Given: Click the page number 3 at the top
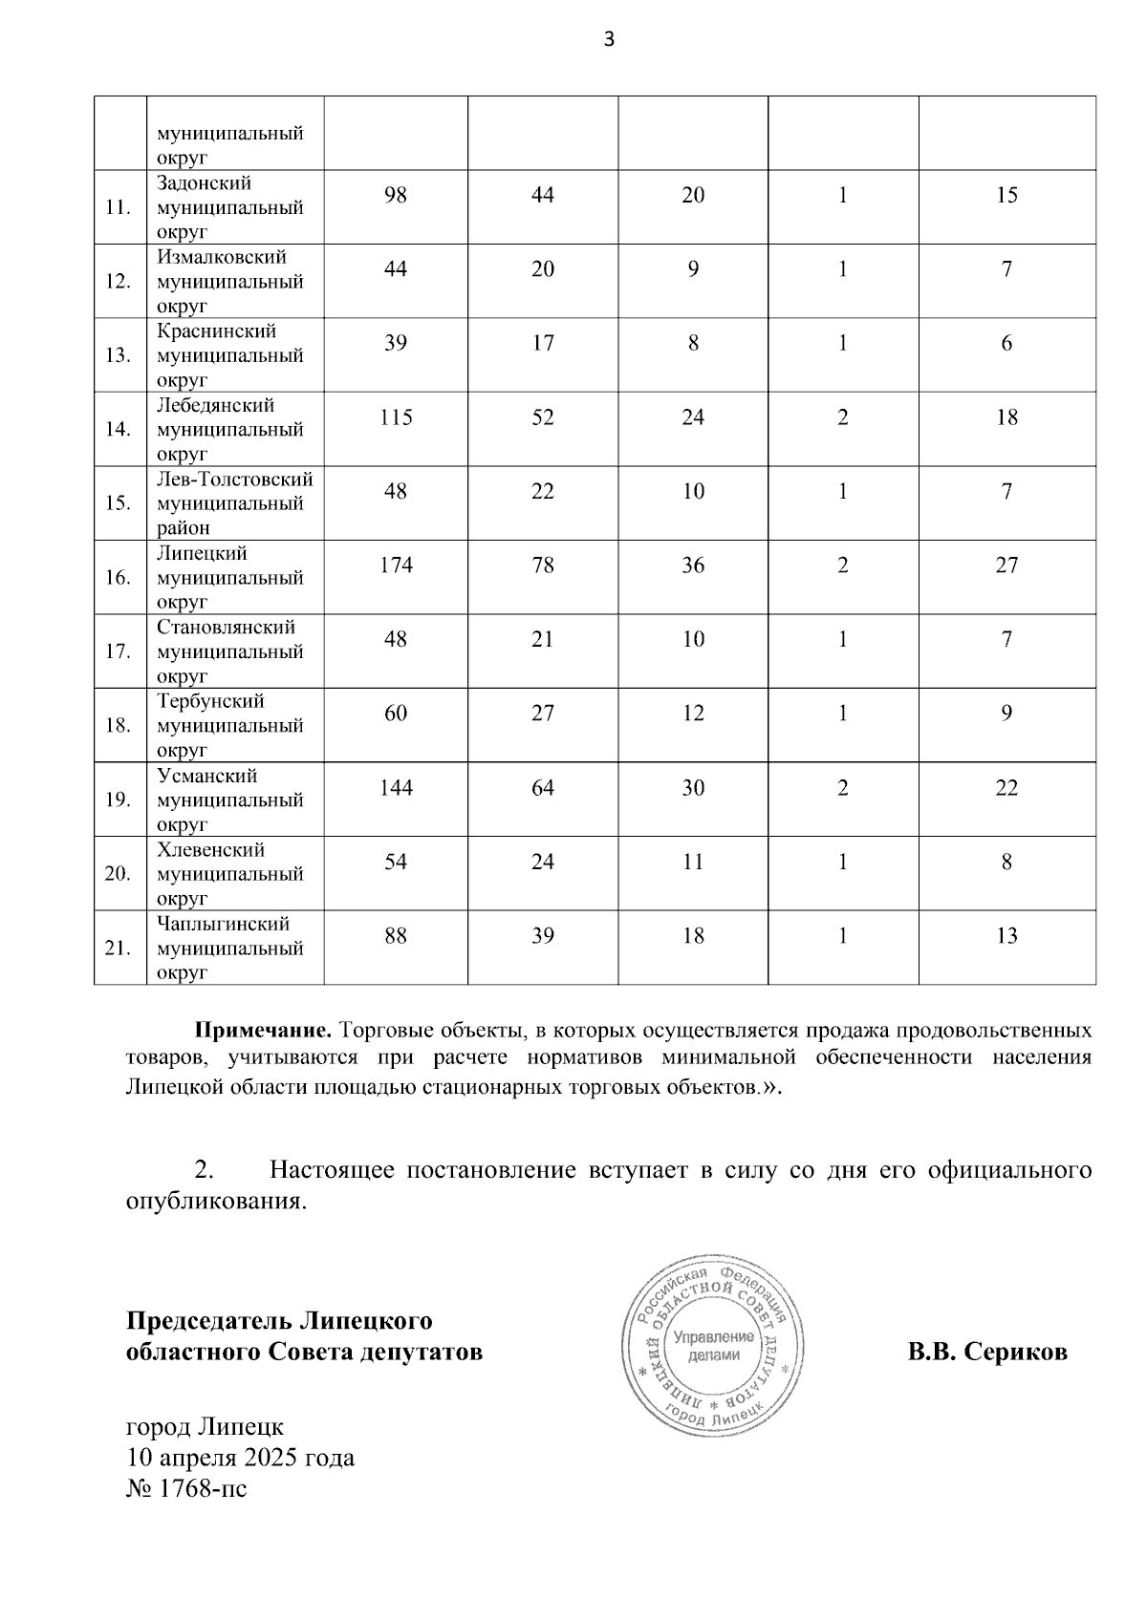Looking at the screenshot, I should tap(609, 38).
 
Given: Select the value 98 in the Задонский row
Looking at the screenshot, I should tap(396, 195).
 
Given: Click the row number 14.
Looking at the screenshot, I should tap(118, 429).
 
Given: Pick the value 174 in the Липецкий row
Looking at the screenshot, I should tap(396, 565).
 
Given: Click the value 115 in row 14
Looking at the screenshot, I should tap(396, 417).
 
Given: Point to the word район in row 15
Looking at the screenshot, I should tap(184, 527).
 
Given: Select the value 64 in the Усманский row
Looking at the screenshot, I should tap(543, 788).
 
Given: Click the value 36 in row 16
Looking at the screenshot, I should tap(693, 565).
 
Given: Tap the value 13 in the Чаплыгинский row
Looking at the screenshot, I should tap(1006, 936).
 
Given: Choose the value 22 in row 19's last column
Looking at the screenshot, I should tap(1006, 788).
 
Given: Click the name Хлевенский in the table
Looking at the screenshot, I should tap(211, 850).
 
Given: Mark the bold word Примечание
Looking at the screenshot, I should tap(263, 1032).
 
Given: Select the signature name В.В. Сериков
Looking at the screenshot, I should tap(987, 1353).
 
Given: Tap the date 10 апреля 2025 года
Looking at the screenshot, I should tap(240, 1458).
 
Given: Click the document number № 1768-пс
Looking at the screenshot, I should tap(186, 1487).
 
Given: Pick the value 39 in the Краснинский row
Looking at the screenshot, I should tap(396, 343).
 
